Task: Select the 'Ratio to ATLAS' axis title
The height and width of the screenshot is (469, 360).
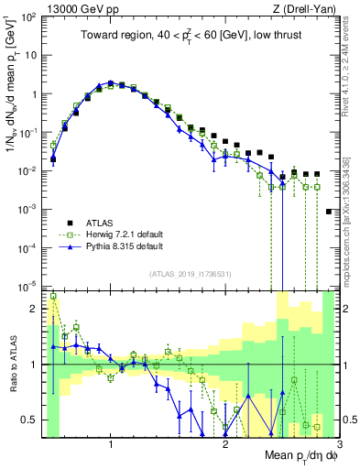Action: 13,364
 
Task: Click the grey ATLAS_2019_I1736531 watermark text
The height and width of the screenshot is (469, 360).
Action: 191,274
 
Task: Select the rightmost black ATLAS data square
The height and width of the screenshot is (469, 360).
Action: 329,212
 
